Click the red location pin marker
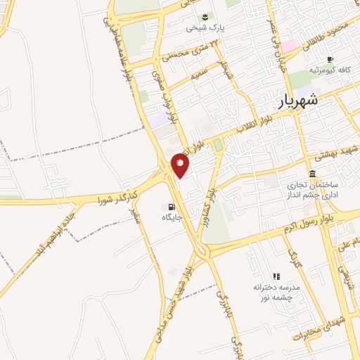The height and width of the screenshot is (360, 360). (181, 165)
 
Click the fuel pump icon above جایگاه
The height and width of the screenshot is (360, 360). (171, 207)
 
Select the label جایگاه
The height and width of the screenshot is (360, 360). (172, 218)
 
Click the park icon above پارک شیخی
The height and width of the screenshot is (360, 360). (204, 17)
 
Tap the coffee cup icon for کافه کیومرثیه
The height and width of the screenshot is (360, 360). (330, 59)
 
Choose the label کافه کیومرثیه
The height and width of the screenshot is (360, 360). (334, 71)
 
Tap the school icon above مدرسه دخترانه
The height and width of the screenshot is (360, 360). (276, 276)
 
